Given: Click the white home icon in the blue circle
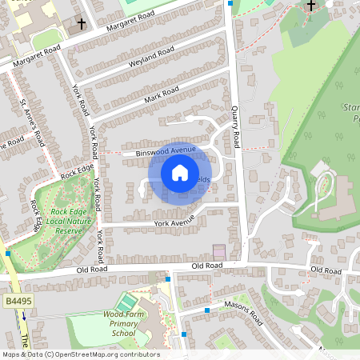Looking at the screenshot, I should (x=180, y=172).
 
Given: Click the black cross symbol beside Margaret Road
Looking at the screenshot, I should (x=81, y=24).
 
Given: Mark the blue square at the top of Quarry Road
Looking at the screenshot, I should (x=230, y=4).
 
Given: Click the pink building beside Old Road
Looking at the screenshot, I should (x=219, y=251).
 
